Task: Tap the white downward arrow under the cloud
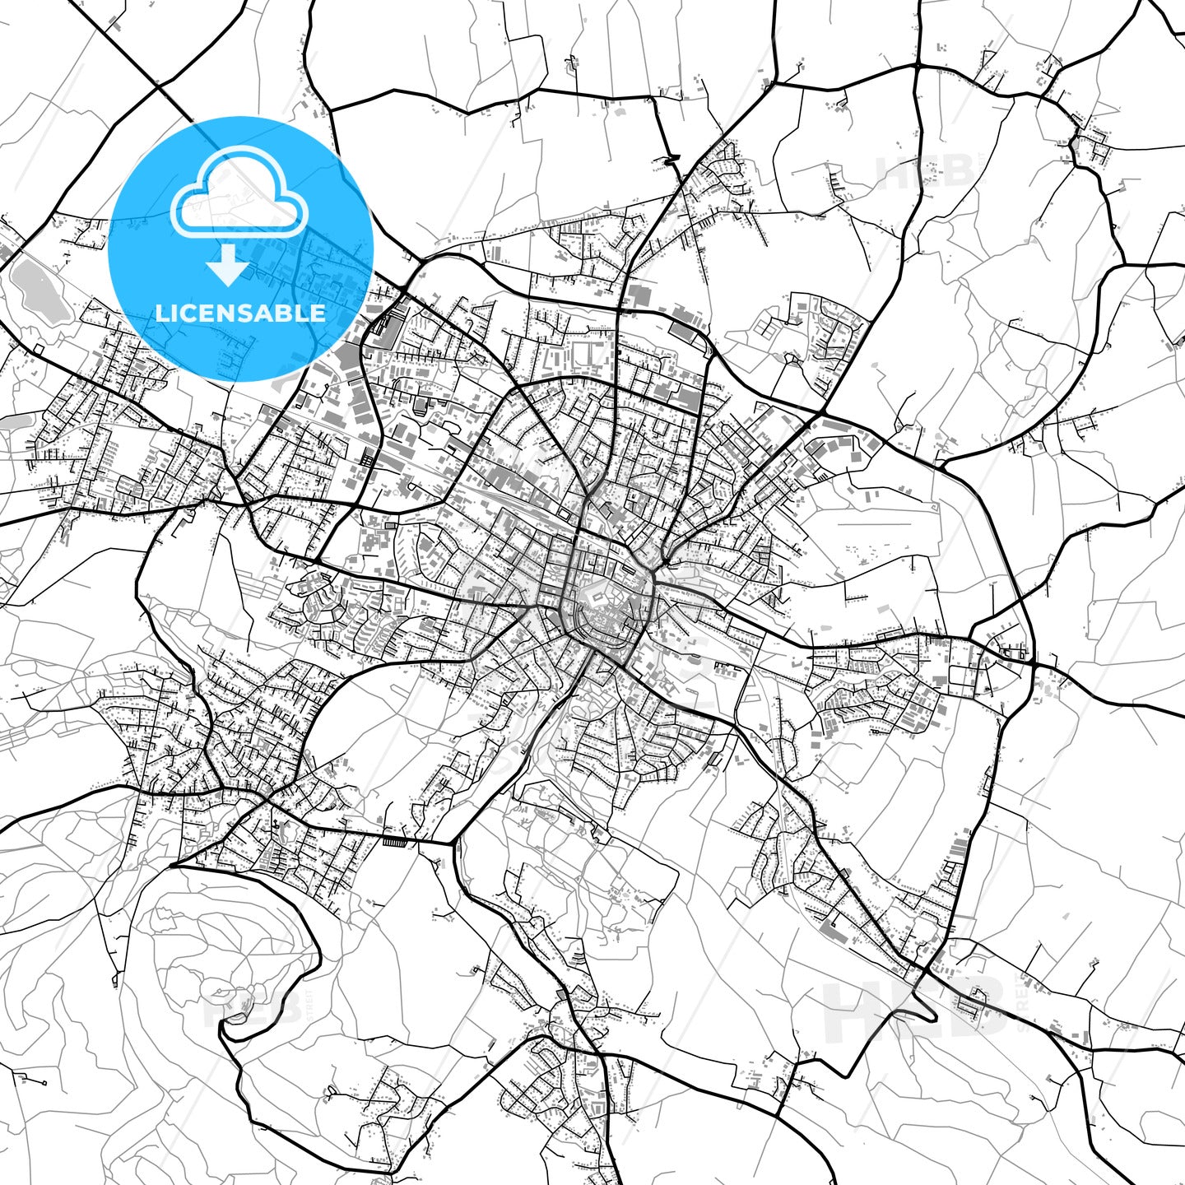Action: (x=229, y=267)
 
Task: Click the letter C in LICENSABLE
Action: (x=190, y=313)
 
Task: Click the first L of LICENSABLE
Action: (x=162, y=313)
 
